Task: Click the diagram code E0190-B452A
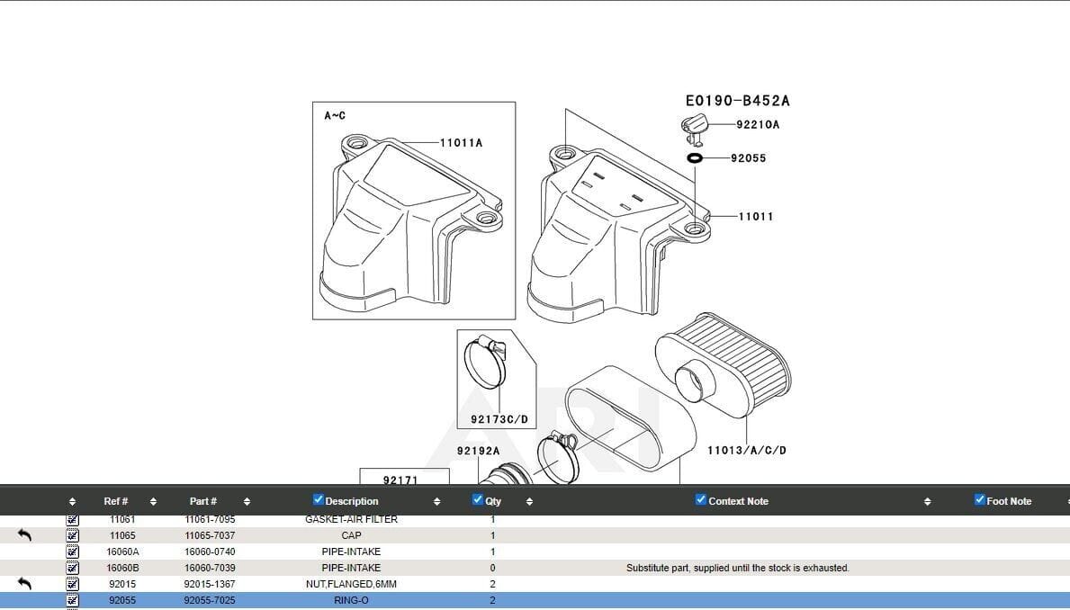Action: coord(737,101)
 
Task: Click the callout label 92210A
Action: coord(758,125)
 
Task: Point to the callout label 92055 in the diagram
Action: coord(749,158)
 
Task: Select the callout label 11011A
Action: coord(461,143)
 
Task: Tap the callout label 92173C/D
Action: coord(499,420)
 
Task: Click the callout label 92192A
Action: coord(478,451)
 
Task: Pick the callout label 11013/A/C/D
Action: coord(746,450)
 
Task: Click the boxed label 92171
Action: coord(400,480)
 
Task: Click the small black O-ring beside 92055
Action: coord(695,158)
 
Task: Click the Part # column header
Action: coord(202,501)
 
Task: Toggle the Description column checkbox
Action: coord(319,500)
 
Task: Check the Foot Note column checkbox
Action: coord(980,500)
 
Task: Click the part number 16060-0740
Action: coord(210,552)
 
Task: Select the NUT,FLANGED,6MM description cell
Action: coord(351,584)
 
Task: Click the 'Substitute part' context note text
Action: coord(737,568)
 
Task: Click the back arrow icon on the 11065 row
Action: coord(25,535)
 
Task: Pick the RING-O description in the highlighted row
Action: coord(351,600)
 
